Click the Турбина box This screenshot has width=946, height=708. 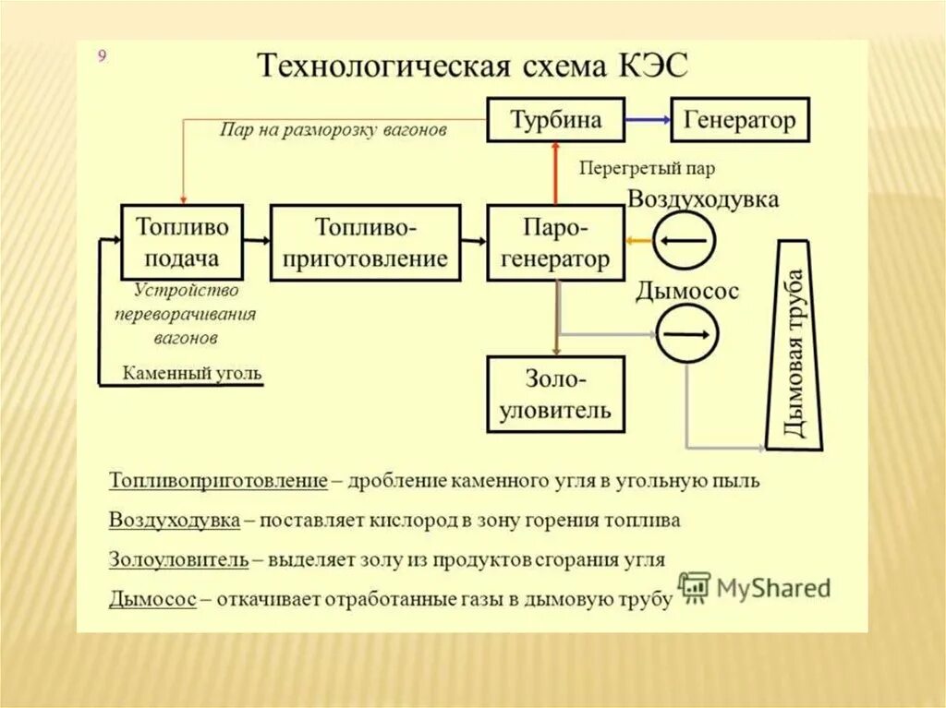point(555,119)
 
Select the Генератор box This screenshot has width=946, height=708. point(739,120)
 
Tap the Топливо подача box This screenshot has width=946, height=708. point(182,242)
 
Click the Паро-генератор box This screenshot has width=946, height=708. point(555,243)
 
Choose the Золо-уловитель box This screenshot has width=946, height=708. point(555,394)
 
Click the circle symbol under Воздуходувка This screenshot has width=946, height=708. point(685,240)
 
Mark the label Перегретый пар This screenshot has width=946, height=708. point(647,169)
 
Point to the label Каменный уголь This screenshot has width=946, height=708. point(192,374)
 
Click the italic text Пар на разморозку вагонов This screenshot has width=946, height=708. point(334,130)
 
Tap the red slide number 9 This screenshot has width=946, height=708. point(103,56)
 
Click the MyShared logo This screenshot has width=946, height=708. point(755,588)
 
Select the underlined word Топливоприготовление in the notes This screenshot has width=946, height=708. point(218,481)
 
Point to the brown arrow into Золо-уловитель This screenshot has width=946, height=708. point(556,318)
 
